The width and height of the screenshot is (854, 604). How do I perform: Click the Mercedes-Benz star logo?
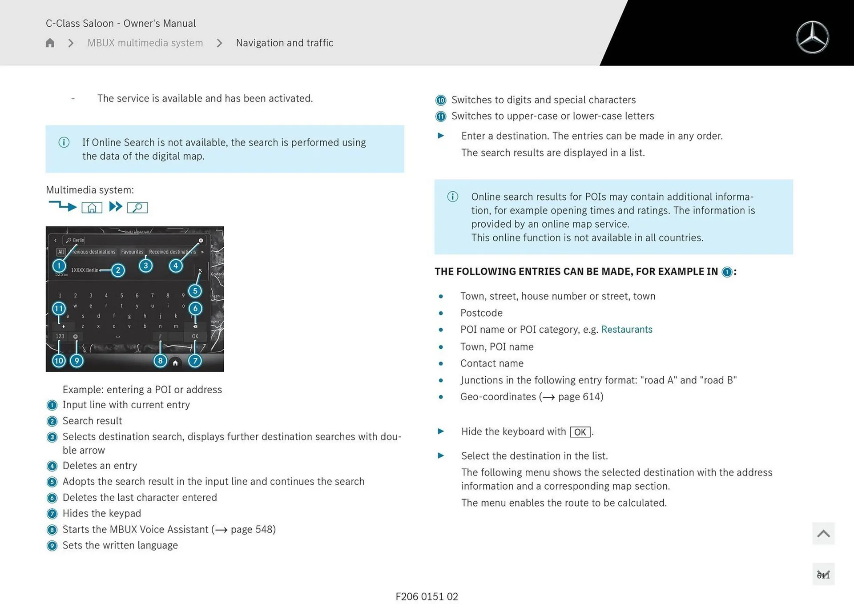coord(812,37)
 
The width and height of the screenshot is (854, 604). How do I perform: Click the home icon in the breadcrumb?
coord(50,43)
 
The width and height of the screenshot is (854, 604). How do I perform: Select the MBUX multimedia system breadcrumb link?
coord(145,43)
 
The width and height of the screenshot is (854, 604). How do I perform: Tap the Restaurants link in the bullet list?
coord(626,330)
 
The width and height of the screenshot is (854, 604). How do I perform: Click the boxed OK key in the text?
coord(580,432)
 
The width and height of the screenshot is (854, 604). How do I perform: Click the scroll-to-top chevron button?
coord(823,533)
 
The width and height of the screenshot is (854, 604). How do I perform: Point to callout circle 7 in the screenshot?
coord(195,361)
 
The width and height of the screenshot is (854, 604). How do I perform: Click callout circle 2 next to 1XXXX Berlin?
coord(118,270)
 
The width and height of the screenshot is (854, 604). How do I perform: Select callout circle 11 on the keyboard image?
coord(59,308)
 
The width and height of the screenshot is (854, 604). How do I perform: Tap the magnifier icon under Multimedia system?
coord(137,208)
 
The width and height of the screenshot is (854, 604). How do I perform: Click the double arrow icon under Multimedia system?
coord(116,207)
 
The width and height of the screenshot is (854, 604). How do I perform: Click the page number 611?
coord(823,575)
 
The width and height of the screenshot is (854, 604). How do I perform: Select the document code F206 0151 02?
coord(427,596)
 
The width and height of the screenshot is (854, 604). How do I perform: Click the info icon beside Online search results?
coord(452,197)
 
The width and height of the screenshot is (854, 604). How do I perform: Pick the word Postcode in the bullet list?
coord(481,313)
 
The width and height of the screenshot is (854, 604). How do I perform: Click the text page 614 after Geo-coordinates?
coord(580,397)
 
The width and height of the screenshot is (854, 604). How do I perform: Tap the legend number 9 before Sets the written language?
coord(52,546)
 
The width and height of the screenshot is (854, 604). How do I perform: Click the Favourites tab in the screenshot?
coord(132,252)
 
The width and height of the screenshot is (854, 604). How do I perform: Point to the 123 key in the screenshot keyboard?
coord(60,336)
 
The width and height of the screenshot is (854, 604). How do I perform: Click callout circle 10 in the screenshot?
coord(59,361)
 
